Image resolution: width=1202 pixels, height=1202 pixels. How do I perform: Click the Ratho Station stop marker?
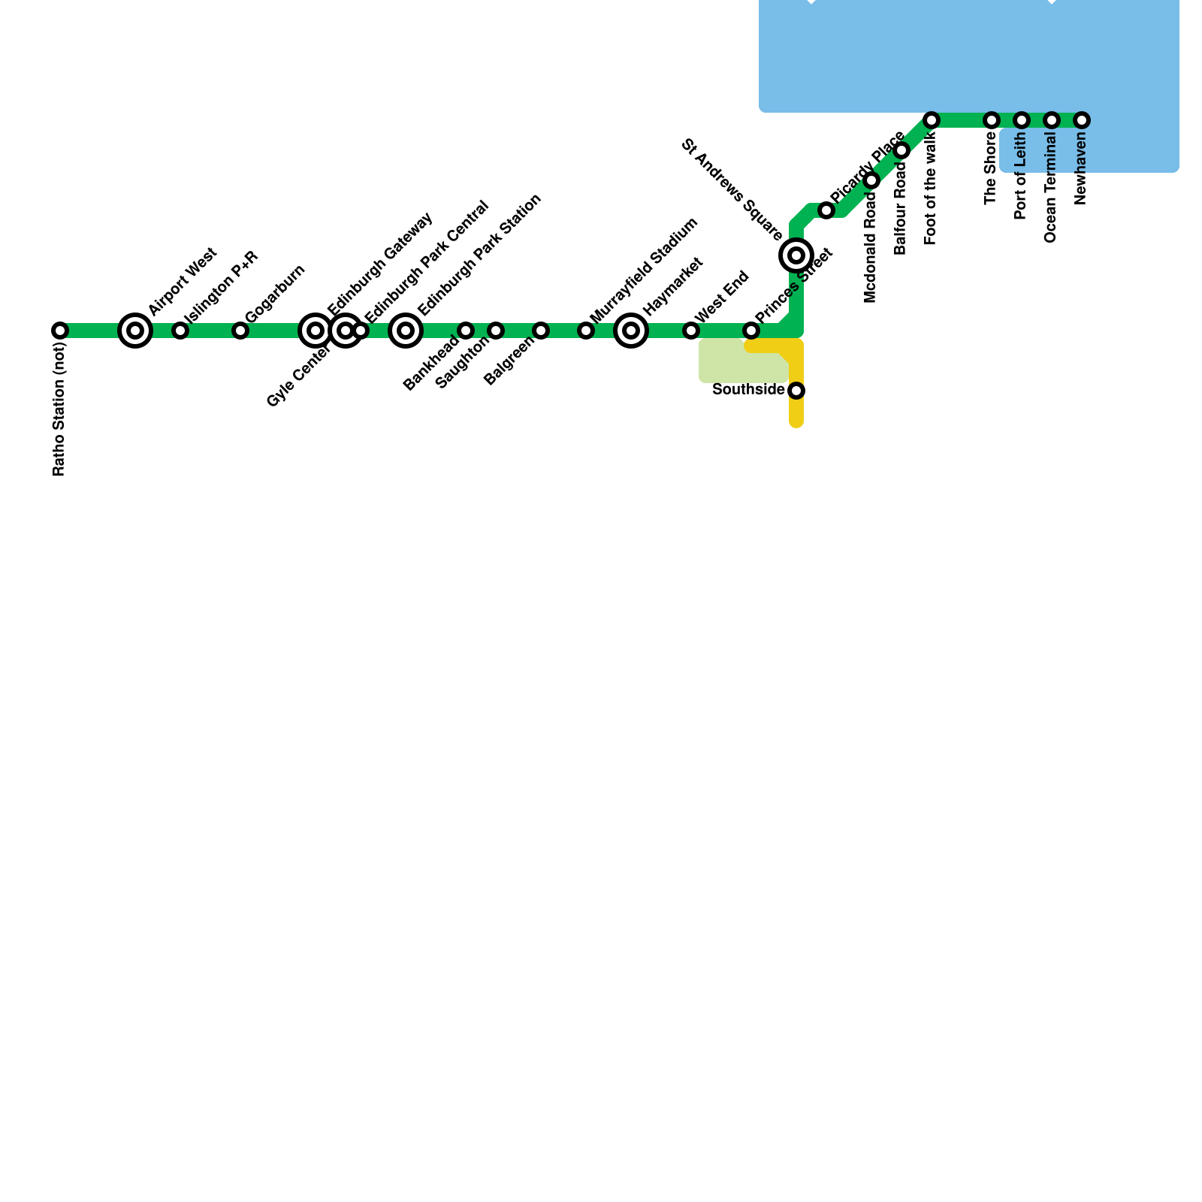(x=60, y=331)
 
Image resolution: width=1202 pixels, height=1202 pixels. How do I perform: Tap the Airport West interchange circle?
(x=135, y=331)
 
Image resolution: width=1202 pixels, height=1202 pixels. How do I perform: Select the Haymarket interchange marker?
(x=631, y=331)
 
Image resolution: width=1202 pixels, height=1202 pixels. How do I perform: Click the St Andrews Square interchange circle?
(x=796, y=255)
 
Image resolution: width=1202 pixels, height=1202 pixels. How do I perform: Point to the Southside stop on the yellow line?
(x=796, y=391)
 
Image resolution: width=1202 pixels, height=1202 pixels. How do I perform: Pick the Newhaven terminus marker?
(x=1082, y=120)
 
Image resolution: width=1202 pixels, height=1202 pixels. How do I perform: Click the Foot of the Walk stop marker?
(x=932, y=120)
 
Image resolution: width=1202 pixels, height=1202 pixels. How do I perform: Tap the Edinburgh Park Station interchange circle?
(x=406, y=331)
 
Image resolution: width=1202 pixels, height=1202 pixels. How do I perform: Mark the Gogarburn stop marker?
(x=240, y=331)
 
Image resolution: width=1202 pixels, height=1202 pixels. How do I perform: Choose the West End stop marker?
(x=691, y=331)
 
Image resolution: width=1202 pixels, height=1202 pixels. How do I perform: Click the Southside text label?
(x=748, y=390)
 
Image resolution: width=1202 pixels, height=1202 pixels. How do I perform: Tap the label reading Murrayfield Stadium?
(x=645, y=270)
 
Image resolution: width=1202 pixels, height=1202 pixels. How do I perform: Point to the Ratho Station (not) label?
(x=59, y=409)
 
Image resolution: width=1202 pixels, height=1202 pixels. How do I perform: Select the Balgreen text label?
(x=509, y=362)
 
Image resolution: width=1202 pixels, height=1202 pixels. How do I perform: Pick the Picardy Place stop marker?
(x=826, y=210)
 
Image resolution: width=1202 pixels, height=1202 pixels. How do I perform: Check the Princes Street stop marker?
(x=751, y=331)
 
